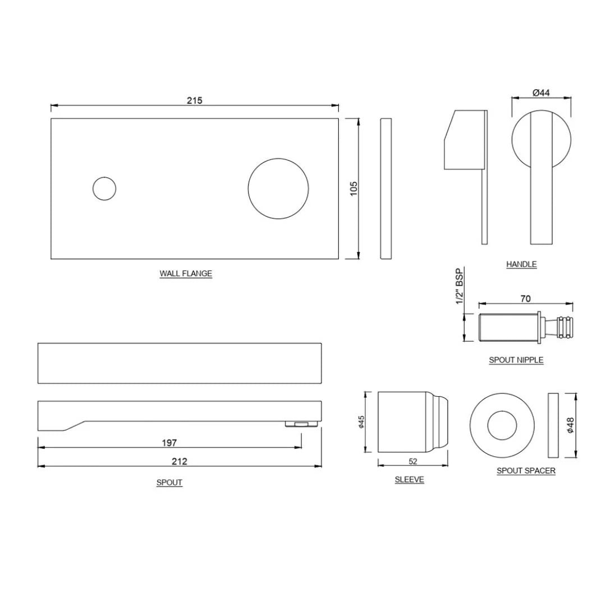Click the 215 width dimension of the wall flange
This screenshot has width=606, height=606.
click(194, 100)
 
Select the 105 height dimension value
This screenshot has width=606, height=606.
click(353, 188)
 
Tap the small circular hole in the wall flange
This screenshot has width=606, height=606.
click(104, 189)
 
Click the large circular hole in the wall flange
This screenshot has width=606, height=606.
click(278, 189)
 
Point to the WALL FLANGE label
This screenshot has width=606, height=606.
click(186, 274)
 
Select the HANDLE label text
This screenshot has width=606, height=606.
click(521, 264)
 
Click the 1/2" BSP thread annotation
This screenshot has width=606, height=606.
click(460, 287)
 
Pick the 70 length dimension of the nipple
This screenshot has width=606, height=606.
click(525, 299)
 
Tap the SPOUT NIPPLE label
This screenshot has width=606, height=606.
click(516, 360)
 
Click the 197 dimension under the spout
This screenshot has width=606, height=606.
click(169, 443)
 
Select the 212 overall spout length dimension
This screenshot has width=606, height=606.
click(180, 461)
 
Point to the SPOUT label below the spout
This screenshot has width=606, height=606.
click(169, 483)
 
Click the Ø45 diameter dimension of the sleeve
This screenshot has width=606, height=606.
click(362, 422)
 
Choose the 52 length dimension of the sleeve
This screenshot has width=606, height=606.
click(413, 461)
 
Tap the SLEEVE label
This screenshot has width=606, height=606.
click(409, 480)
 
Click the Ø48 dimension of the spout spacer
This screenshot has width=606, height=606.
click(570, 425)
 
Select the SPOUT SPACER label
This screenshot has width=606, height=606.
click(526, 471)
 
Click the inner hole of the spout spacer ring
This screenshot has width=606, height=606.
click(502, 425)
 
